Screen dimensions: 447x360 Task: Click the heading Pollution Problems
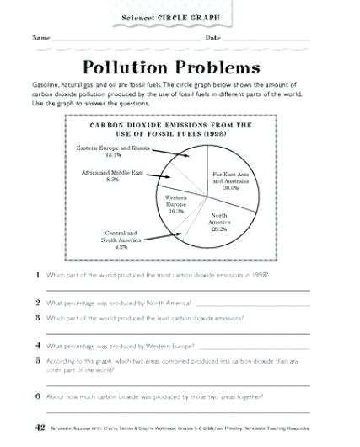[179, 67]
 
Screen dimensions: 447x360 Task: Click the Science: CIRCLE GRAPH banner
[180, 18]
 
